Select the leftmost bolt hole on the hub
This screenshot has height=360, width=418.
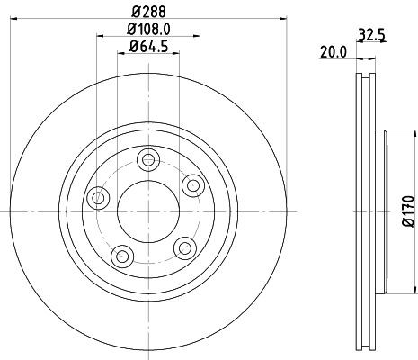coord(96,198)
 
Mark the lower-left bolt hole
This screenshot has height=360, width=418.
coord(120,253)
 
